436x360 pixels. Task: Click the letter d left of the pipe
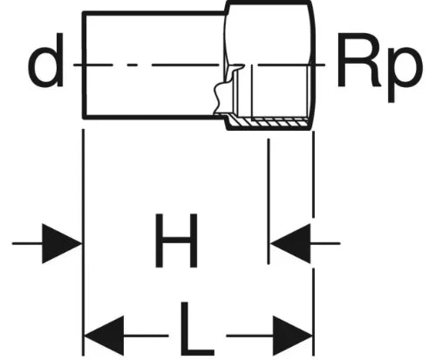coord(46,60)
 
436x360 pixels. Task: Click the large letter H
coord(176,241)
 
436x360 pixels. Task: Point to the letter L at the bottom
coord(197,329)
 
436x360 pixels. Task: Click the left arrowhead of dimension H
coord(62,243)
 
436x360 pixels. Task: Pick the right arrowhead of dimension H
coord(290,243)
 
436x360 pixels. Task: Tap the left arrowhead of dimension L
coord(104,336)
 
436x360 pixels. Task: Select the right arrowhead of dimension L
coord(292,336)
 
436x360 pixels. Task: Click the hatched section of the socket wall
coord(268,122)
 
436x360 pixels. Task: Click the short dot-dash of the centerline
coord(132,65)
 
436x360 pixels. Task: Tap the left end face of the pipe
coord(85,65)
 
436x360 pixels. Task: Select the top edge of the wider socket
coord(269,3)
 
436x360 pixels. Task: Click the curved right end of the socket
coord(312,65)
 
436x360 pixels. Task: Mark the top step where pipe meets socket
coord(227,8)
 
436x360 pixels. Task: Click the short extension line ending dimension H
coord(269,201)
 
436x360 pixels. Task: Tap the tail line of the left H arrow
coord(27,243)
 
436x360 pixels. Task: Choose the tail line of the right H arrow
coord(325,243)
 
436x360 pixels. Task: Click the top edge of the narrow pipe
coord(154,13)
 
